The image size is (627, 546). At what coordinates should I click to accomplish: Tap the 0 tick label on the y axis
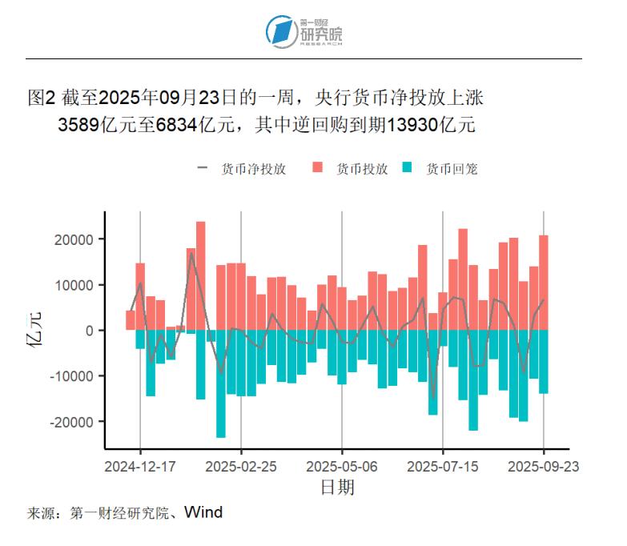click(x=90, y=331)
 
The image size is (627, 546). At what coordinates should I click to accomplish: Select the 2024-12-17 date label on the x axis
click(x=140, y=465)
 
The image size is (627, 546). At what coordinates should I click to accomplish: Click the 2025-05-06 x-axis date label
click(x=342, y=465)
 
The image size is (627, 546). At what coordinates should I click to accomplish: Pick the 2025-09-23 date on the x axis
click(x=544, y=465)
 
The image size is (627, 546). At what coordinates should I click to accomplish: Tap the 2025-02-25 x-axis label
click(x=241, y=465)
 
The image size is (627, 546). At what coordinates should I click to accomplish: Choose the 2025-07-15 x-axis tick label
click(x=443, y=465)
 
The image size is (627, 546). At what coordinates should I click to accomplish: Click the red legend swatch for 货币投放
click(x=317, y=168)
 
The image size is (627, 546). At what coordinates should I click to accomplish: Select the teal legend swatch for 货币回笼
click(x=407, y=168)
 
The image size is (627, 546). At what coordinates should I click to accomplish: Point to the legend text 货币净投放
click(x=254, y=169)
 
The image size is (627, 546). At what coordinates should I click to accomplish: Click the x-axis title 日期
click(x=337, y=487)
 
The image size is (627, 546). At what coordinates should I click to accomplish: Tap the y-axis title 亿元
click(x=34, y=329)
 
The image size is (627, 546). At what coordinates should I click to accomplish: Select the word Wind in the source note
click(x=203, y=512)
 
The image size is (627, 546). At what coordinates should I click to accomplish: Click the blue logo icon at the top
click(x=280, y=31)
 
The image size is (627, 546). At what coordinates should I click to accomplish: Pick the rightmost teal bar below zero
click(x=544, y=361)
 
